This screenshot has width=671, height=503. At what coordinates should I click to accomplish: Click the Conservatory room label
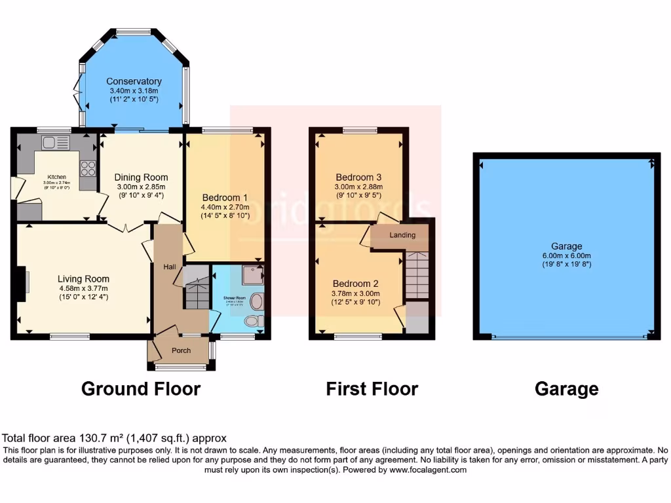[x=134, y=81]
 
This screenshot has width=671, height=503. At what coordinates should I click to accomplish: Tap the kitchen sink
[x=55, y=142]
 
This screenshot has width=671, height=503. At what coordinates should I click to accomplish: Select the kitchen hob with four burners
[x=88, y=168]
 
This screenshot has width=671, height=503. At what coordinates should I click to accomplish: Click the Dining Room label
[x=141, y=177]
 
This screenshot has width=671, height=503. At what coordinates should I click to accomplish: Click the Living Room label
[x=83, y=278]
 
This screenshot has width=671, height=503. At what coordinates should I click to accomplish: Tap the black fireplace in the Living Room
[x=21, y=284]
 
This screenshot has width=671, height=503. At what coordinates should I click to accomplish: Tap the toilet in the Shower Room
[x=252, y=321]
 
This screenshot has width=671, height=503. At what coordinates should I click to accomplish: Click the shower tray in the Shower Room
[x=252, y=276]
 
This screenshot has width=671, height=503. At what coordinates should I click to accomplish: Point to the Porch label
[x=181, y=350]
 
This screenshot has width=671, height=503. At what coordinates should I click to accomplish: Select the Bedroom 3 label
[x=358, y=177]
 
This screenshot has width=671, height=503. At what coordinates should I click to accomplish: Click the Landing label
[x=402, y=235]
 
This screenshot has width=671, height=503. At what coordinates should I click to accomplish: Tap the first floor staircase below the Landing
[x=415, y=274]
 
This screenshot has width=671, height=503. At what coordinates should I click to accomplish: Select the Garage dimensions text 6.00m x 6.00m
[x=566, y=255]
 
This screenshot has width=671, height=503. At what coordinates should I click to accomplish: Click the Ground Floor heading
[x=140, y=389]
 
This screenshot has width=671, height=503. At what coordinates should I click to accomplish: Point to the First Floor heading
[x=372, y=389]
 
